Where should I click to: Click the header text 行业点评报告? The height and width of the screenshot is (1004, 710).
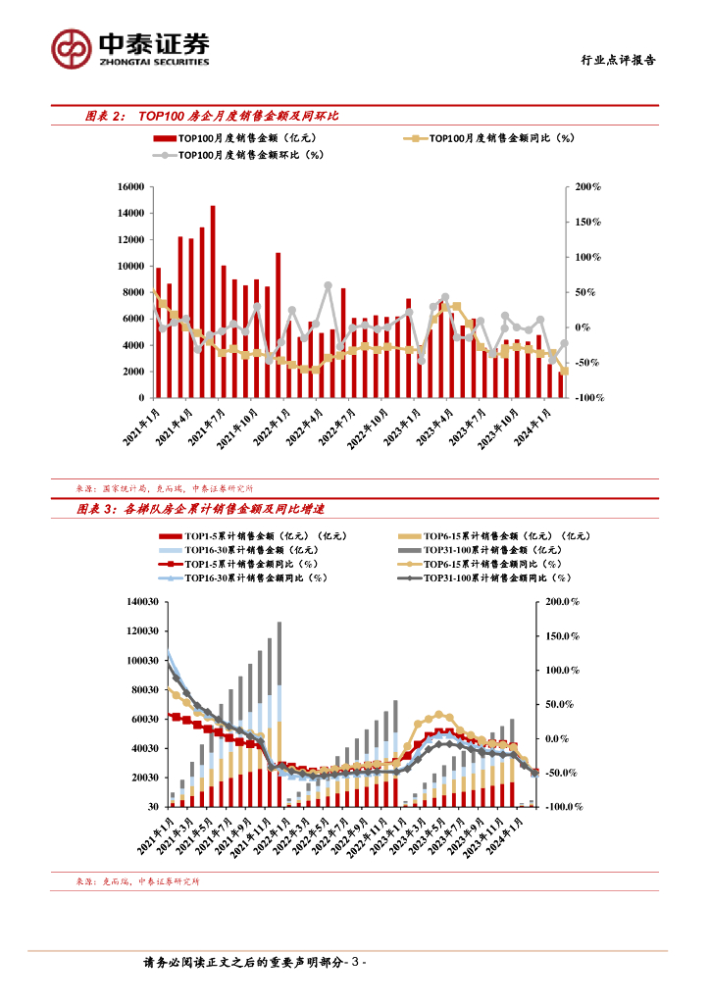pos(613,60)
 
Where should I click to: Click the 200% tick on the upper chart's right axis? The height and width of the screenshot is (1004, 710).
pos(588,186)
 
